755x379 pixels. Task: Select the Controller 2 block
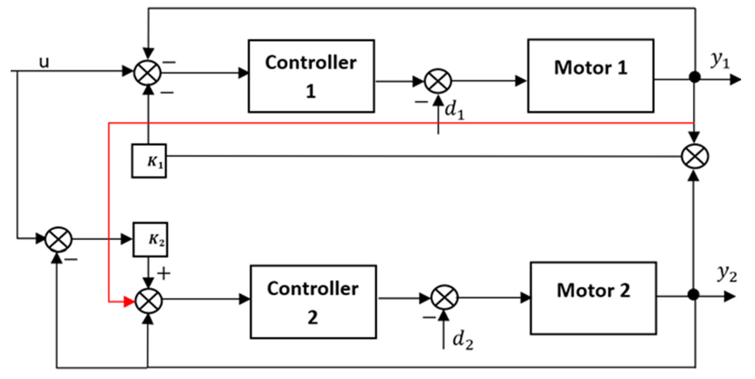pos(313,302)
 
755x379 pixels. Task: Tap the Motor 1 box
pos(590,76)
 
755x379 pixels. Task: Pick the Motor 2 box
pos(593,298)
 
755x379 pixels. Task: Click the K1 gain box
pos(149,161)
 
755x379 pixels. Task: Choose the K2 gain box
pos(151,240)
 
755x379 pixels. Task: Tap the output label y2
pos(727,274)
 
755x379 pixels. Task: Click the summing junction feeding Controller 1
pos(147,72)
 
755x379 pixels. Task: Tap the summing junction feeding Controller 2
pos(149,301)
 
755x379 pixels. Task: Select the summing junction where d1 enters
pos(438,81)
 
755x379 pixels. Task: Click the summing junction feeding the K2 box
pos(59,240)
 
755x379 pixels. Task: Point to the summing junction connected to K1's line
pos(695,156)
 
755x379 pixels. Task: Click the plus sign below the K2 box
pos(164,274)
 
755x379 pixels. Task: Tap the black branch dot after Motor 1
pos(695,77)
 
